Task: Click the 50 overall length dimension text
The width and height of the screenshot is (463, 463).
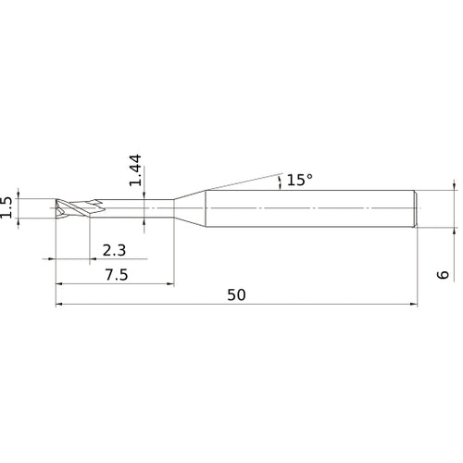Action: (236, 294)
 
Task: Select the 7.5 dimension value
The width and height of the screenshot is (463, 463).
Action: (116, 274)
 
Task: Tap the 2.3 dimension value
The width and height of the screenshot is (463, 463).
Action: (115, 250)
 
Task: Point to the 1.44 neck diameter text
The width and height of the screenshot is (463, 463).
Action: (136, 170)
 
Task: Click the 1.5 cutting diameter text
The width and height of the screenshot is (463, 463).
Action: (7, 206)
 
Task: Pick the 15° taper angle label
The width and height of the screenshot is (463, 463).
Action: (299, 181)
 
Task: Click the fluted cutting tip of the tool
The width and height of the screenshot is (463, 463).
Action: (72, 207)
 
